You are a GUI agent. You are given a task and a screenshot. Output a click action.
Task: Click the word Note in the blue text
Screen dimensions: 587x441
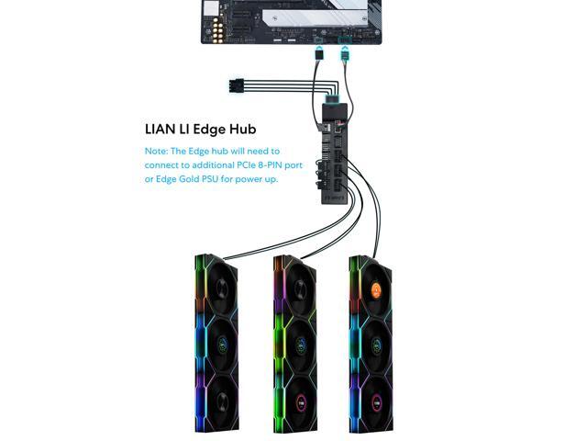point(155,151)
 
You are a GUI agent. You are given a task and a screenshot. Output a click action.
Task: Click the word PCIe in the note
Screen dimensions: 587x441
point(218,164)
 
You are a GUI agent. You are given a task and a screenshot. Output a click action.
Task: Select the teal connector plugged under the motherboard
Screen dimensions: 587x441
point(344,53)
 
